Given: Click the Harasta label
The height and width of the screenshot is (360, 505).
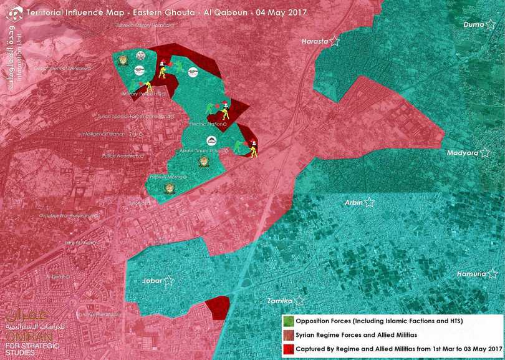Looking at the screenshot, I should coord(315,42).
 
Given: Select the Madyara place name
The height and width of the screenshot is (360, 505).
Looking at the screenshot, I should coord(462,153).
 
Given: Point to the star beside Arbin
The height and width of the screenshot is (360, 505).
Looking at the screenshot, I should coord(370,203).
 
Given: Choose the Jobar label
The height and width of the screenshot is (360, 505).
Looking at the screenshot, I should coord(153,281).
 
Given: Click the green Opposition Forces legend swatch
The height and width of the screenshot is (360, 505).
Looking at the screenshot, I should coord(288,321).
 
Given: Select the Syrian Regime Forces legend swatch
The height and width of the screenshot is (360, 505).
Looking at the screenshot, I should coord(288,335).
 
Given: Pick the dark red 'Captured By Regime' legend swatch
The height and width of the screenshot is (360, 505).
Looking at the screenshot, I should coord(288,348).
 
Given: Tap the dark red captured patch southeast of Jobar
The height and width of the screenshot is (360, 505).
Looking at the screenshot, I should coord(218,308).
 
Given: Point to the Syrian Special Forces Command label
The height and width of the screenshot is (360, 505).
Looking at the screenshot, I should coord(133,117).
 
